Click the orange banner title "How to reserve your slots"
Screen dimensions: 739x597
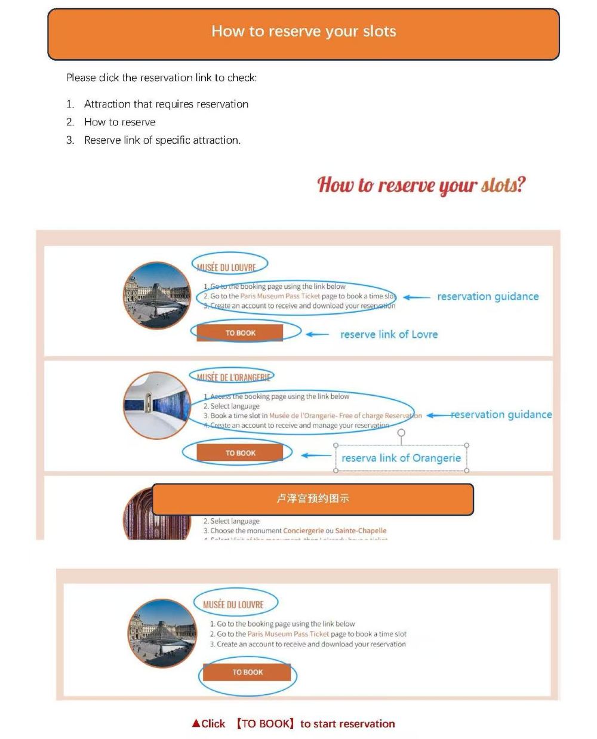(303, 32)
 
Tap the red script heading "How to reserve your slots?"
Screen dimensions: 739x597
(421, 184)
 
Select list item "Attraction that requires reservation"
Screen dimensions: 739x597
(166, 104)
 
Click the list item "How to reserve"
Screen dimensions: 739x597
(119, 122)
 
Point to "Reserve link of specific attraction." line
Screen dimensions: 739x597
(162, 140)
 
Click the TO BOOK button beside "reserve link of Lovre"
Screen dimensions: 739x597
(240, 333)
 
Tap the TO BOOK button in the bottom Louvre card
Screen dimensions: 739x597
(247, 672)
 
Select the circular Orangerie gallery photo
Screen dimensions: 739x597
(157, 405)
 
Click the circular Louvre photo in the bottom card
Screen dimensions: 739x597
(163, 633)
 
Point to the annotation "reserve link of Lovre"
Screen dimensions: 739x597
(389, 335)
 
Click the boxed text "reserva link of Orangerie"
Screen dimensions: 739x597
(401, 458)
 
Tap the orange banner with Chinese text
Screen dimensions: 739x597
(312, 499)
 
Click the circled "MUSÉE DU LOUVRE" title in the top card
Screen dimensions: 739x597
(227, 267)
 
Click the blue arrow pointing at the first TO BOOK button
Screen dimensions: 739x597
(317, 334)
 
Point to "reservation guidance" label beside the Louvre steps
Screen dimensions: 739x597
(488, 297)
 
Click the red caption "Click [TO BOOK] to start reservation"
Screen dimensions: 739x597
(293, 723)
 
